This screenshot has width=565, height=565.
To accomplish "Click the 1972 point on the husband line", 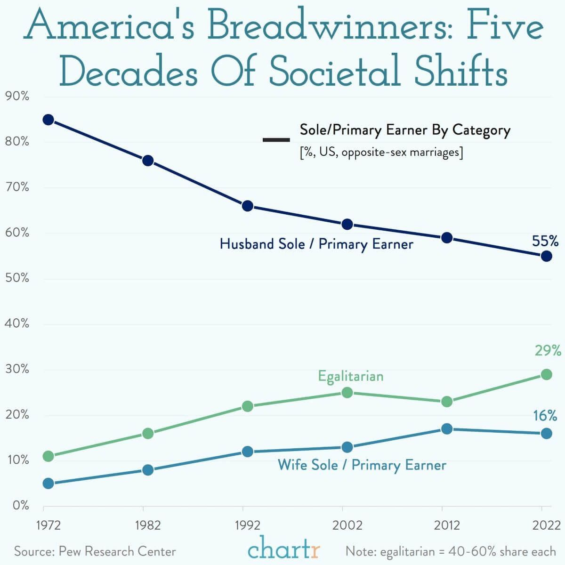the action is point(48,120).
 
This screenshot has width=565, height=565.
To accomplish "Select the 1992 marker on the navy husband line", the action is point(248,206).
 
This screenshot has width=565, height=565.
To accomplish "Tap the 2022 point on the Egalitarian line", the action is point(546,374).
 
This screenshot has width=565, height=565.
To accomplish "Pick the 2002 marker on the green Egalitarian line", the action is point(347,392).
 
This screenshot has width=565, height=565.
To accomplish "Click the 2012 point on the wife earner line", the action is point(446,429).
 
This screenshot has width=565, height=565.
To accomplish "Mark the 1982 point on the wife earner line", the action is point(148,470).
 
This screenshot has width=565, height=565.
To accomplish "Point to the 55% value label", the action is point(545,241).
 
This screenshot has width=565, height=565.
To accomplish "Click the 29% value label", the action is point(548,350).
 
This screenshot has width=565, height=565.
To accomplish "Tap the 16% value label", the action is point(545,415).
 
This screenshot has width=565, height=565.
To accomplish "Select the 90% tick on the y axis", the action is point(17,96).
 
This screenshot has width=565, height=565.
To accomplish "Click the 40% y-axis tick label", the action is point(17,323).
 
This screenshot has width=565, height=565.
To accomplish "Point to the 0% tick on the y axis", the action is point(21,505).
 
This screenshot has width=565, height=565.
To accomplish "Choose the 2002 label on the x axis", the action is point(347,525).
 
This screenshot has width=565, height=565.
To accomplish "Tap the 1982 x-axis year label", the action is point(148,525).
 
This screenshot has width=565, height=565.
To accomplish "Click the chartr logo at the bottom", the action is point(283,548).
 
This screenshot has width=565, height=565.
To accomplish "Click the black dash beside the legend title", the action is point(276,140).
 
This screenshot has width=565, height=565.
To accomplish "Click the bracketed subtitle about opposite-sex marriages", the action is point(381,153).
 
